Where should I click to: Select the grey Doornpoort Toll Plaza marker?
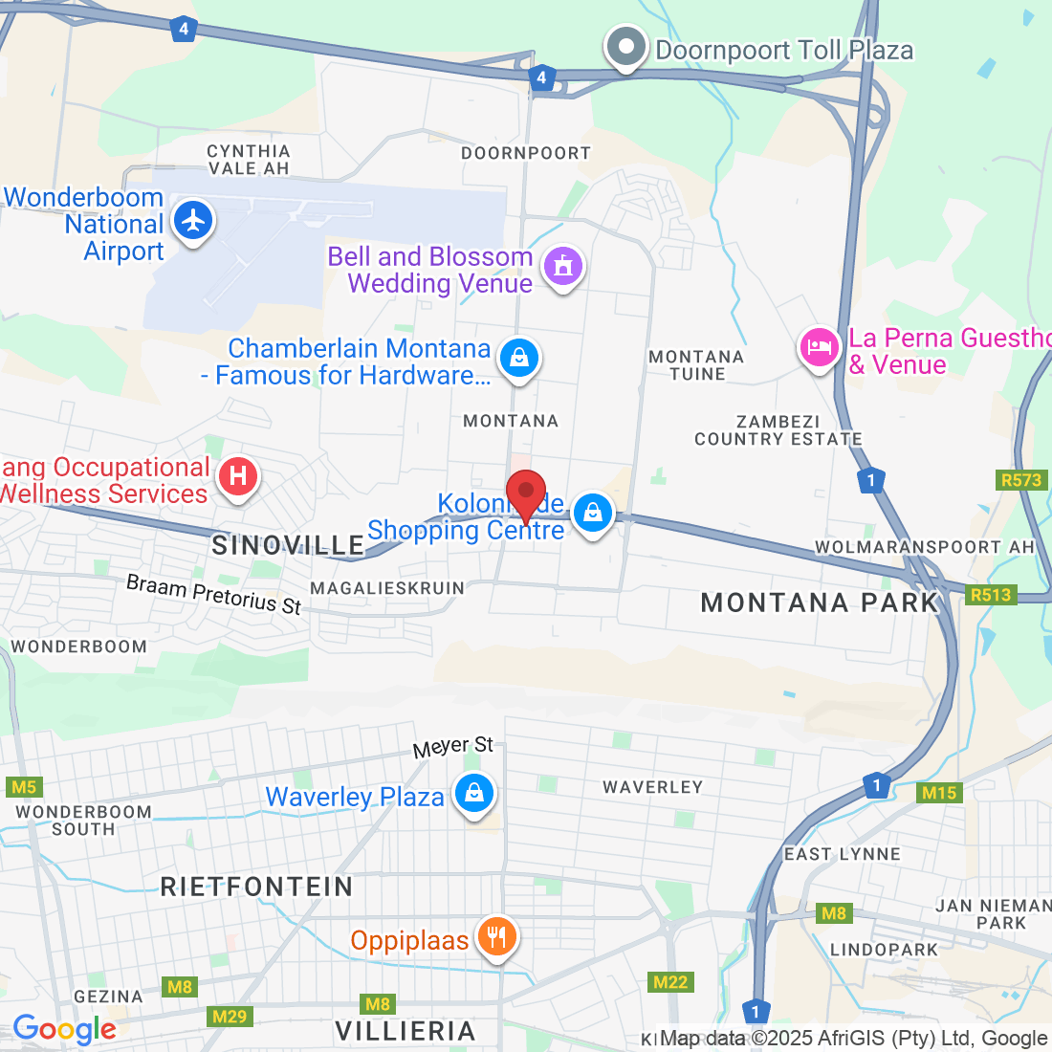pyautogui.click(x=625, y=47)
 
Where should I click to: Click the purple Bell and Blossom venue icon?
pyautogui.click(x=562, y=267)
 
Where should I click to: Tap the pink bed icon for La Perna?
pyautogui.click(x=820, y=348)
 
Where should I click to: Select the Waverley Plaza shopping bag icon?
pyautogui.click(x=473, y=794)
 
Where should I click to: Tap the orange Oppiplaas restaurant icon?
pyautogui.click(x=495, y=937)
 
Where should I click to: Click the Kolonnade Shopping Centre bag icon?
pyautogui.click(x=593, y=514)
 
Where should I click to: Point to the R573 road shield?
pyautogui.click(x=1021, y=480)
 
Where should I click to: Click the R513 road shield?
pyautogui.click(x=990, y=595)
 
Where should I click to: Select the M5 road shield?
pyautogui.click(x=23, y=787)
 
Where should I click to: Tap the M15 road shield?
pyautogui.click(x=938, y=792)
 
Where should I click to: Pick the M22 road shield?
pyautogui.click(x=670, y=982)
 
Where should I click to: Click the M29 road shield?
pyautogui.click(x=230, y=1016)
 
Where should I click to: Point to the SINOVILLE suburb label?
pyautogui.click(x=288, y=545)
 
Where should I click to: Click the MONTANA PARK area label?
pyautogui.click(x=820, y=603)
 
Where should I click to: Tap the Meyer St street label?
pyautogui.click(x=453, y=747)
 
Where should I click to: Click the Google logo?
pyautogui.click(x=64, y=1029)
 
